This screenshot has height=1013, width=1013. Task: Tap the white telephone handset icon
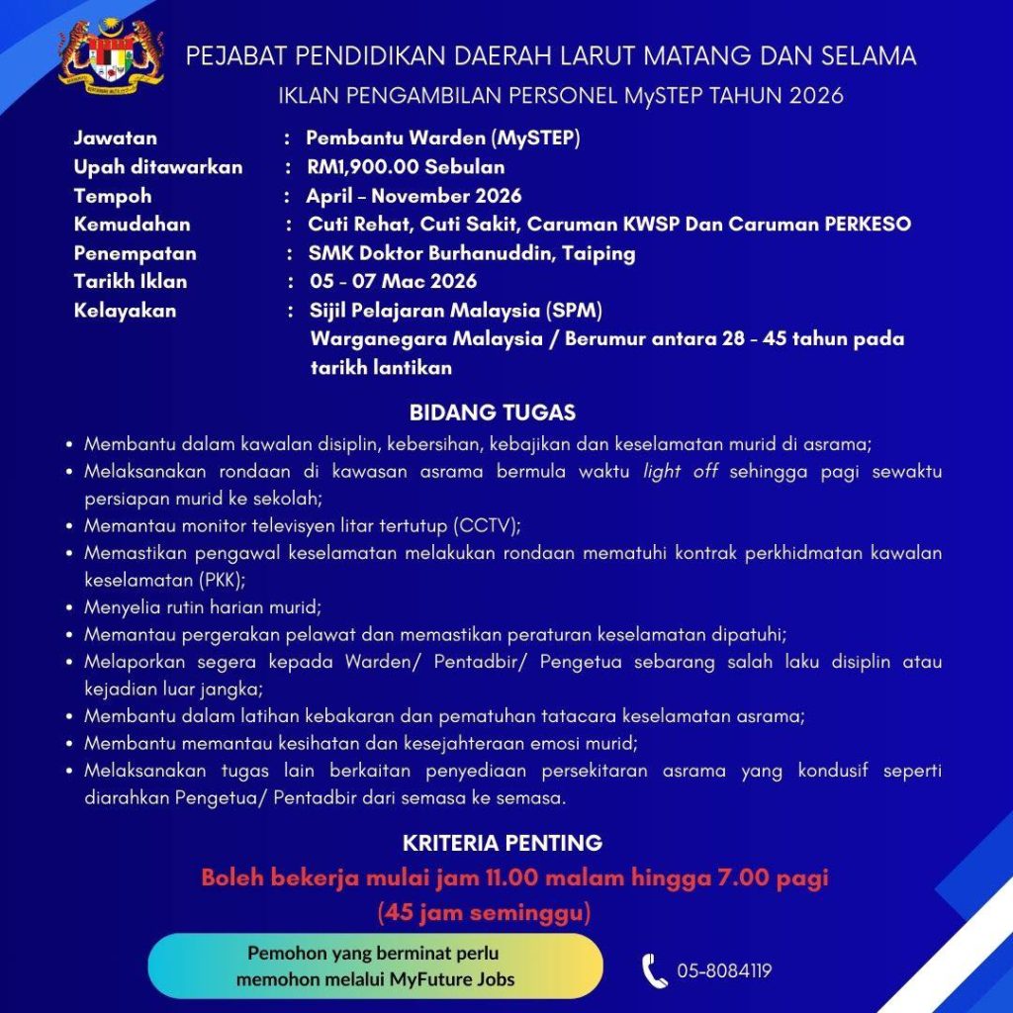tap(653, 970)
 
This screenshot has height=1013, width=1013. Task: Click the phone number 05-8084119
tap(724, 971)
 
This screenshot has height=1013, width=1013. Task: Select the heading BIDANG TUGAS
tap(493, 412)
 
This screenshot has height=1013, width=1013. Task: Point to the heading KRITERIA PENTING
tap(503, 844)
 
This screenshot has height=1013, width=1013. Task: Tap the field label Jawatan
tap(115, 138)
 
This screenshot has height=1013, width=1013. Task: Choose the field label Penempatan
tap(135, 253)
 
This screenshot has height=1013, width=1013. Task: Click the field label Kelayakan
tap(125, 311)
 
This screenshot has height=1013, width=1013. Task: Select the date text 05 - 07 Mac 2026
tap(392, 282)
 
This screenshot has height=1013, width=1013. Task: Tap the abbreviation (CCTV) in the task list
tap(487, 524)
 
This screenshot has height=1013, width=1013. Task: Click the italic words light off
tap(680, 472)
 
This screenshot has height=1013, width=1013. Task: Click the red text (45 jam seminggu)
tap(484, 910)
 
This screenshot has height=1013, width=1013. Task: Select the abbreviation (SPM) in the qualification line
tap(573, 311)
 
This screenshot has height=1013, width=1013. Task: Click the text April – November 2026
tap(414, 196)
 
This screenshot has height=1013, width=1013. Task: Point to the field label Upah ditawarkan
tap(157, 166)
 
